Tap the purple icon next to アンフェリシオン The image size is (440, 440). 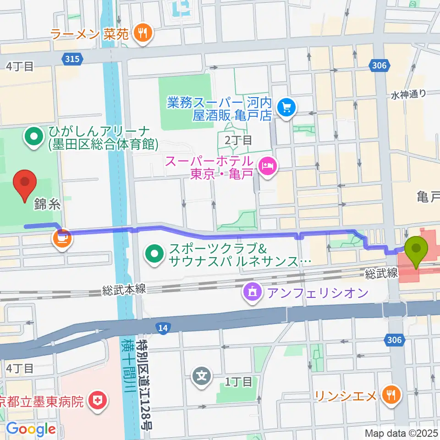[x=252, y=292]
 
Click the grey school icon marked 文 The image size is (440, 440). [x=202, y=376]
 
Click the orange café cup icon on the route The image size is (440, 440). [x=61, y=238]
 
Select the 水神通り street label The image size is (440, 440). [x=408, y=94]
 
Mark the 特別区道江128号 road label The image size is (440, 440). [x=147, y=385]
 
